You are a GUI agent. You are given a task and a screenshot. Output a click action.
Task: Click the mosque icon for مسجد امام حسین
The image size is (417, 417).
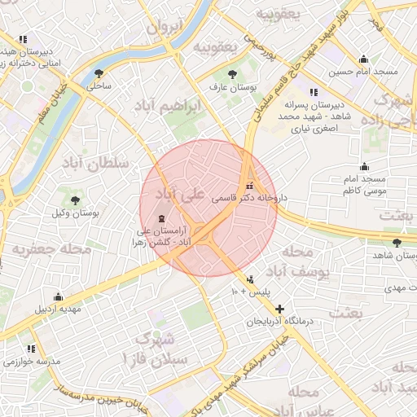pyautogui.click(x=363, y=59)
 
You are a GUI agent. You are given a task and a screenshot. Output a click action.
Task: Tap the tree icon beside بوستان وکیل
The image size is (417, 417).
pyautogui.click(x=76, y=200)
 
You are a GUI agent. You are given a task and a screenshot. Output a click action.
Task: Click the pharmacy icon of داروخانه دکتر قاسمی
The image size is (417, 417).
pyautogui.click(x=250, y=184)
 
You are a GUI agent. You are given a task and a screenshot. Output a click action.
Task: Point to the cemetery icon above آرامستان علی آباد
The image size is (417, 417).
pyautogui.click(x=160, y=218)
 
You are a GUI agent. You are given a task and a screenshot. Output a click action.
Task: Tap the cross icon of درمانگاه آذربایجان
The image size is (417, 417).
pyautogui.click(x=280, y=309)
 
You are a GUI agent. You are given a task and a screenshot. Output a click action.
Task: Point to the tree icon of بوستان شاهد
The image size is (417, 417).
pyautogui.click(x=397, y=243)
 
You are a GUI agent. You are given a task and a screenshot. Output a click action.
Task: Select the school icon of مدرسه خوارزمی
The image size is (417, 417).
pyautogui.click(x=31, y=349)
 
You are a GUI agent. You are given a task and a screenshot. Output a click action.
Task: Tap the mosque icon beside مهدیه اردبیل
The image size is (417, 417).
pyautogui.click(x=57, y=297)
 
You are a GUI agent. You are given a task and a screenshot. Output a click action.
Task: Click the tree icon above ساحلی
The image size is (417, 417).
pyautogui.click(x=99, y=72)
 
